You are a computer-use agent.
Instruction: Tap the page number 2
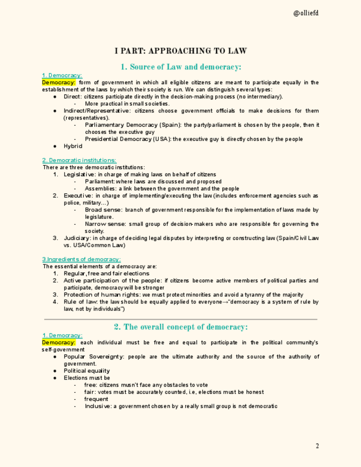(317, 446)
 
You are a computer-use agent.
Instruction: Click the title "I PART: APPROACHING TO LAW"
(180, 51)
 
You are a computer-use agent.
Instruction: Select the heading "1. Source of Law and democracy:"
(180, 67)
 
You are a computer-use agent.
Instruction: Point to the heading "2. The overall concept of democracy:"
(180, 327)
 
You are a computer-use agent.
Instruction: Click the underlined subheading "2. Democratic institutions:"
(79, 160)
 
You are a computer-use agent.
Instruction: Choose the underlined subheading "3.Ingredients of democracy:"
(82, 259)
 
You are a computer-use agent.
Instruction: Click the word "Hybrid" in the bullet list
(73, 146)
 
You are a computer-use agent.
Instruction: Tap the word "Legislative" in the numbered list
(79, 175)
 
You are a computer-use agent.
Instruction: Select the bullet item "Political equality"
(87, 371)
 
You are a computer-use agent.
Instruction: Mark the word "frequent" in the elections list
(96, 399)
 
